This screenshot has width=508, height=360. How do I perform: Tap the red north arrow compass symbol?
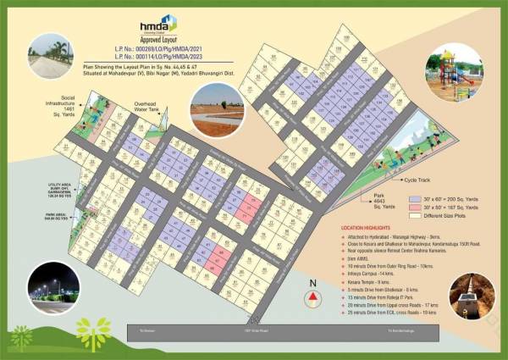click(x=312, y=298)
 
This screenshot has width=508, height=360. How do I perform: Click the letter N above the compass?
click(x=312, y=285)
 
